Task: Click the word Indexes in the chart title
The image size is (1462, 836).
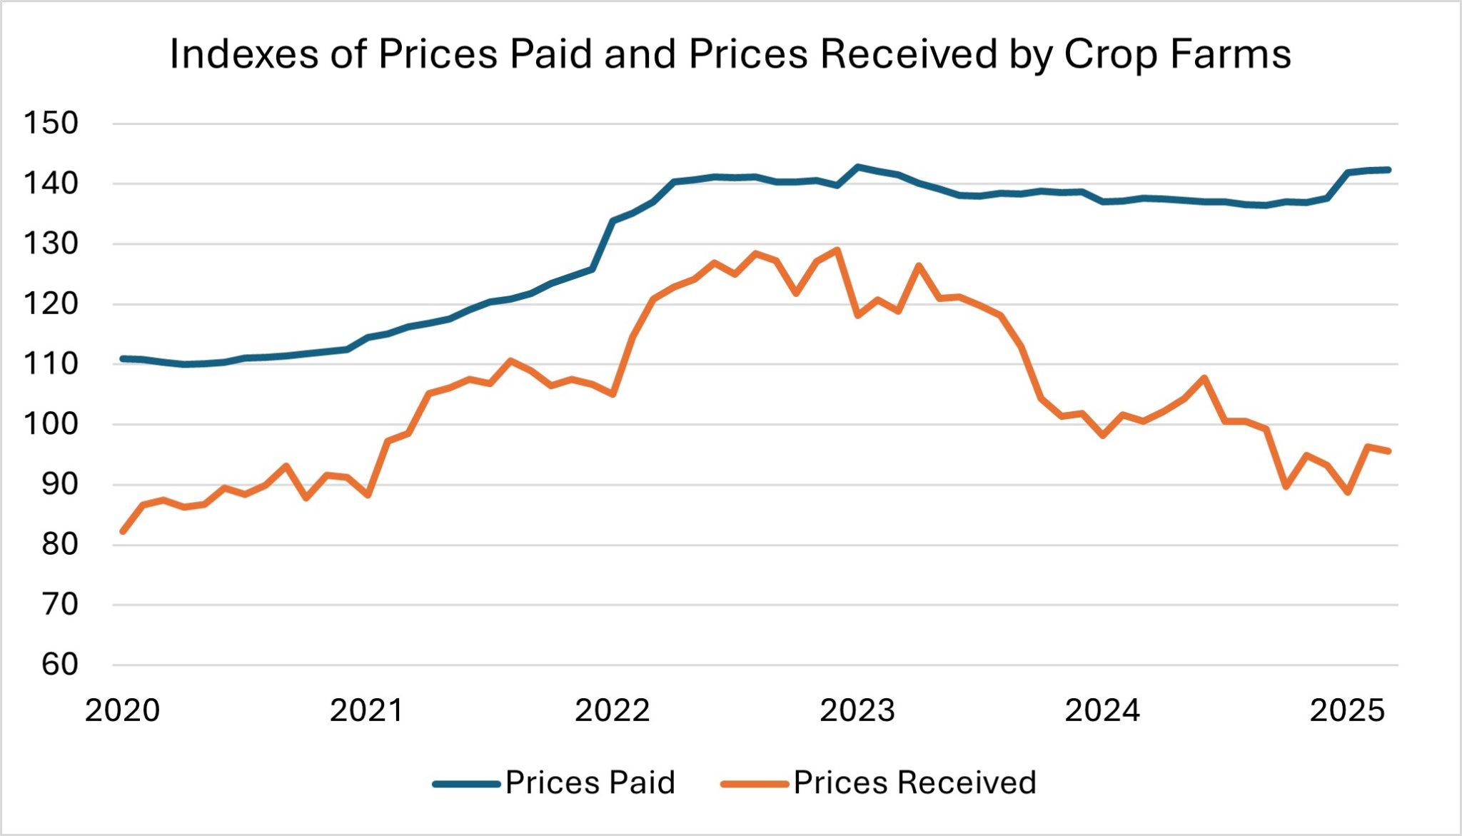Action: click(243, 54)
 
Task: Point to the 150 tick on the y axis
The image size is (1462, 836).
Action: click(51, 124)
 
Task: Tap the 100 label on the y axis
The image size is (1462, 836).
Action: click(51, 424)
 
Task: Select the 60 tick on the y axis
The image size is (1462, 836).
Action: click(59, 665)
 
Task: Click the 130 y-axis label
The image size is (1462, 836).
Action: click(51, 244)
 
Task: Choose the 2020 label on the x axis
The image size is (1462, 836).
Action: click(122, 711)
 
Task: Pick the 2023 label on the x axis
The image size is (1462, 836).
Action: click(857, 711)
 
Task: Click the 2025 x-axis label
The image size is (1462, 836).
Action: click(1347, 711)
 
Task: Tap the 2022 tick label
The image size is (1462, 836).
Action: click(612, 711)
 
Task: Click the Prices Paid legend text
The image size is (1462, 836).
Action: click(590, 783)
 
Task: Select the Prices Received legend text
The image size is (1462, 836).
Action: click(914, 783)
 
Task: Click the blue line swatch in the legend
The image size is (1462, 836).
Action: click(466, 784)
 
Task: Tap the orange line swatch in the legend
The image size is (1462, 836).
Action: click(755, 784)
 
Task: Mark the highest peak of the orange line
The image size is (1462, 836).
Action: click(837, 250)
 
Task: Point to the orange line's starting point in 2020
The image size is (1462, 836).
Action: click(123, 532)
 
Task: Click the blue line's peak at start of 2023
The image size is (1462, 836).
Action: click(857, 167)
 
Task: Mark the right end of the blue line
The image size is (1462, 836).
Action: click(1388, 170)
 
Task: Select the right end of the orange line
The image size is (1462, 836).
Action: click(1388, 451)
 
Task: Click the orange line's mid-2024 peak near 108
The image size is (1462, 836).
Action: click(1204, 378)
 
